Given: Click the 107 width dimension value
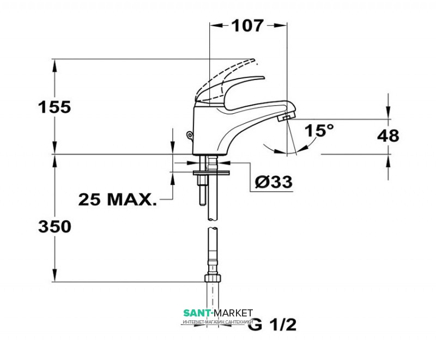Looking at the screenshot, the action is click(247, 26).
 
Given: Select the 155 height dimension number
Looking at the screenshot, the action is click(55, 107).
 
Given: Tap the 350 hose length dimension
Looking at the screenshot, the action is click(55, 227).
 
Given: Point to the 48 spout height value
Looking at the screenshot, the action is click(388, 136).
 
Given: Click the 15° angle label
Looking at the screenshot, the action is click(319, 130).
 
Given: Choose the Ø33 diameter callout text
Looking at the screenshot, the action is click(274, 182).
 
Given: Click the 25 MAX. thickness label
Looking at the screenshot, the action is click(117, 199).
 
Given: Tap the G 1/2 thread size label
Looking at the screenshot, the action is click(272, 325).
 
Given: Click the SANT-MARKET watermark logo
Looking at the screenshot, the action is click(218, 316).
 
